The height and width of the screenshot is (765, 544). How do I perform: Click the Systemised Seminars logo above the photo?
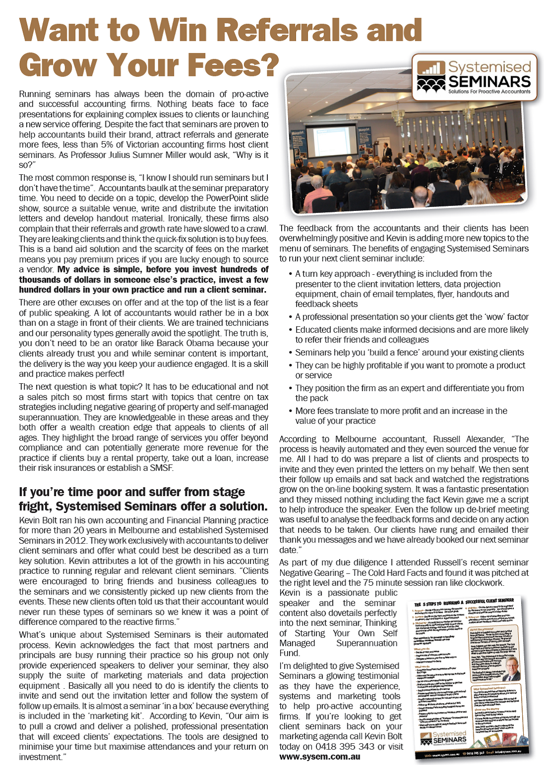(x=474, y=78)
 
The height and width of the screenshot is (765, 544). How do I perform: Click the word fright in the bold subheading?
(x=35, y=507)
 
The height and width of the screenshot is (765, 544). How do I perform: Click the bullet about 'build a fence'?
(x=409, y=353)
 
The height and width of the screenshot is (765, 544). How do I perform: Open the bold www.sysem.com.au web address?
(x=319, y=757)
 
